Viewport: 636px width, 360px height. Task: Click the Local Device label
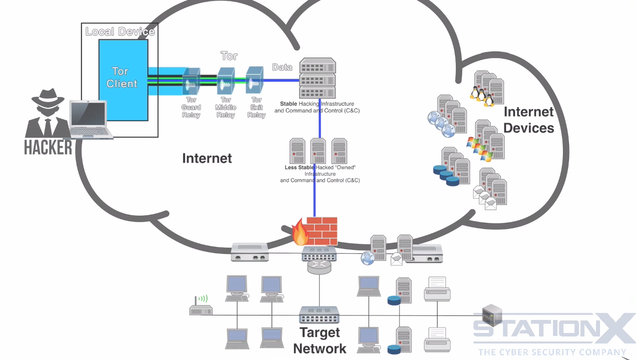pyautogui.click(x=119, y=32)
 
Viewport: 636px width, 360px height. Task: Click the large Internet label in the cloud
pyautogui.click(x=206, y=159)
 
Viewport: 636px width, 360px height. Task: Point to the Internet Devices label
pyautogui.click(x=528, y=120)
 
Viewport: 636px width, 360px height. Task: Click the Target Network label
pyautogui.click(x=320, y=340)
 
